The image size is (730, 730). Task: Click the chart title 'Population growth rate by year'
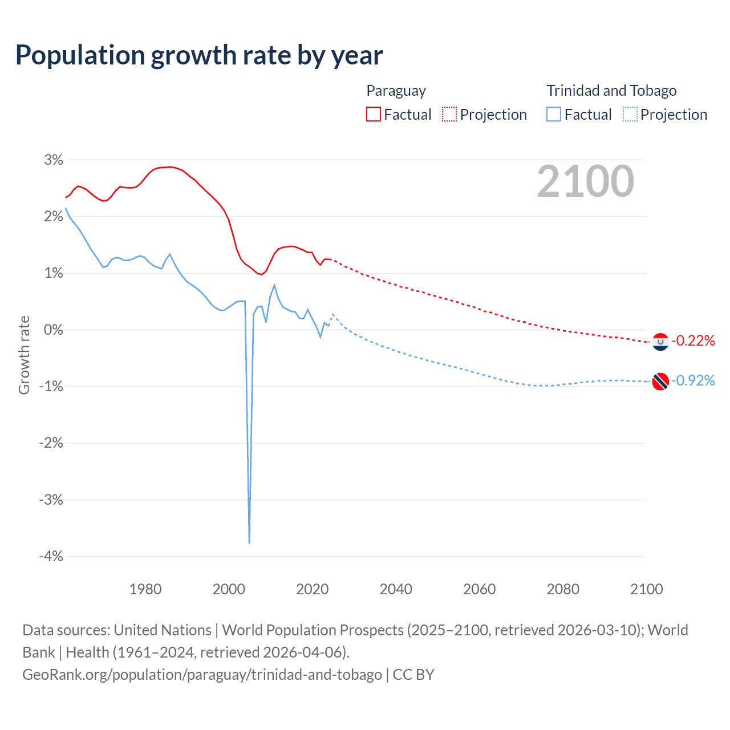pos(199,55)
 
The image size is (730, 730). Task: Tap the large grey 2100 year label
pos(585,181)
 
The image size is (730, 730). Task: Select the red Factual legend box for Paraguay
pos(373,114)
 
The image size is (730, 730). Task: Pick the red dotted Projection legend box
pos(449,114)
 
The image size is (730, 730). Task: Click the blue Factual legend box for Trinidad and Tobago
pos(553,114)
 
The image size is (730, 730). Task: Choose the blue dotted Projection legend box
pos(630,114)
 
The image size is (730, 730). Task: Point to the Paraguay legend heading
pos(396,91)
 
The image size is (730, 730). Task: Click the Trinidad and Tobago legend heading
pos(611,91)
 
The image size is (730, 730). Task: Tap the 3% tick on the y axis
pos(54,160)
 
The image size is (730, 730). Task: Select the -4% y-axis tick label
pos(51,556)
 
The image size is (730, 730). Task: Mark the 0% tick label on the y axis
pos(54,330)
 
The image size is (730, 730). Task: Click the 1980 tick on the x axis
pos(145,589)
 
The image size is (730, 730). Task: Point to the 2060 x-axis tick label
pos(479,589)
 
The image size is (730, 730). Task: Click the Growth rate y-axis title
pos(24,355)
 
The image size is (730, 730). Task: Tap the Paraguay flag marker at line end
pos(660,342)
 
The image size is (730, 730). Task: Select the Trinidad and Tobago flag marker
pos(660,381)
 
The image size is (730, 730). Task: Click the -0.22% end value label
pos(693,341)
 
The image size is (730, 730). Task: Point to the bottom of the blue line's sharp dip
pos(249,542)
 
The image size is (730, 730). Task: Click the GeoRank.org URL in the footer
pos(202,674)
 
